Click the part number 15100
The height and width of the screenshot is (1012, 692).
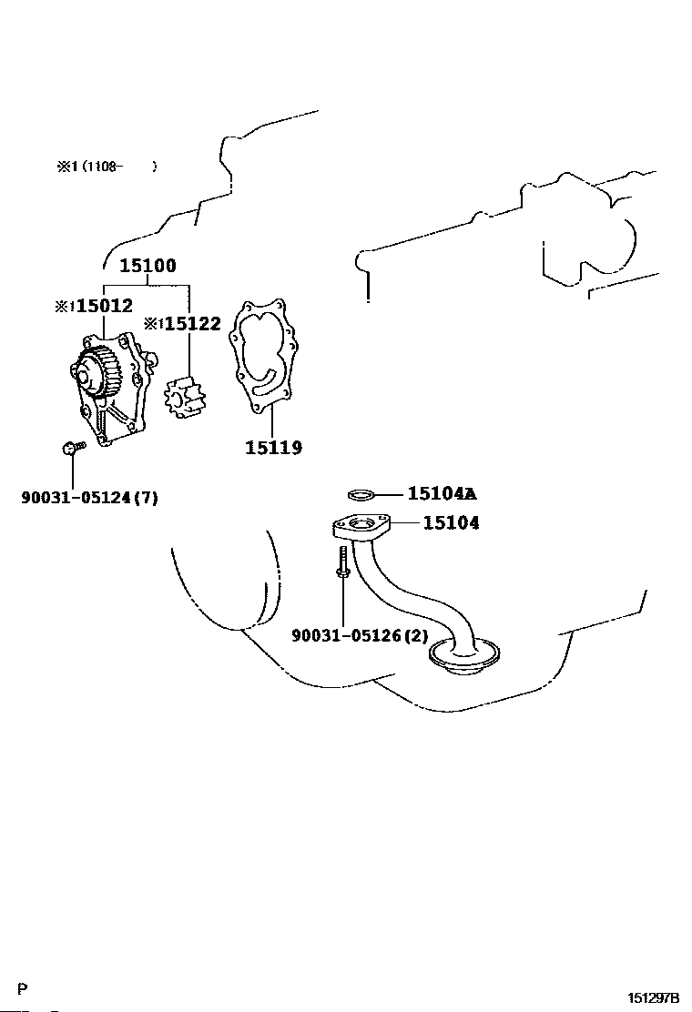coord(148,266)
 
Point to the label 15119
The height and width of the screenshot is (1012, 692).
coord(273,447)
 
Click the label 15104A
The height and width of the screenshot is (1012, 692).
coord(442,493)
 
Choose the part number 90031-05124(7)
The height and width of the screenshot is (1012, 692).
coord(89,497)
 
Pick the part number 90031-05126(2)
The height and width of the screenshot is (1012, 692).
coord(360,635)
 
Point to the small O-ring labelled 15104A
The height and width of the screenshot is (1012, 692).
coord(361,495)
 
